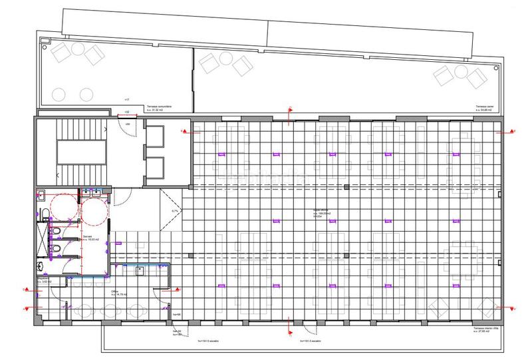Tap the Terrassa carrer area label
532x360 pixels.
[x=483, y=108]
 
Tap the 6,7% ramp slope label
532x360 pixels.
[x=176, y=211]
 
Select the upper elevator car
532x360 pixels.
[x=156, y=136]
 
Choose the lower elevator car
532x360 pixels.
[x=156, y=167]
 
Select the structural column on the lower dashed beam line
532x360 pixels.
[x=348, y=258]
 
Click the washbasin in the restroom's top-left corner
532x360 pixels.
[x=41, y=196]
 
